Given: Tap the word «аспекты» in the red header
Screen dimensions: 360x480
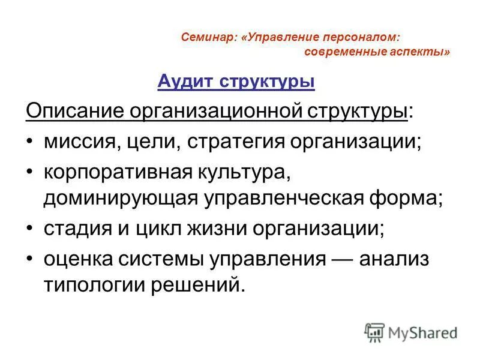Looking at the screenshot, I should (420, 52).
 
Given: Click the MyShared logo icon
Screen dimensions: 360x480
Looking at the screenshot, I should (375, 332).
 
